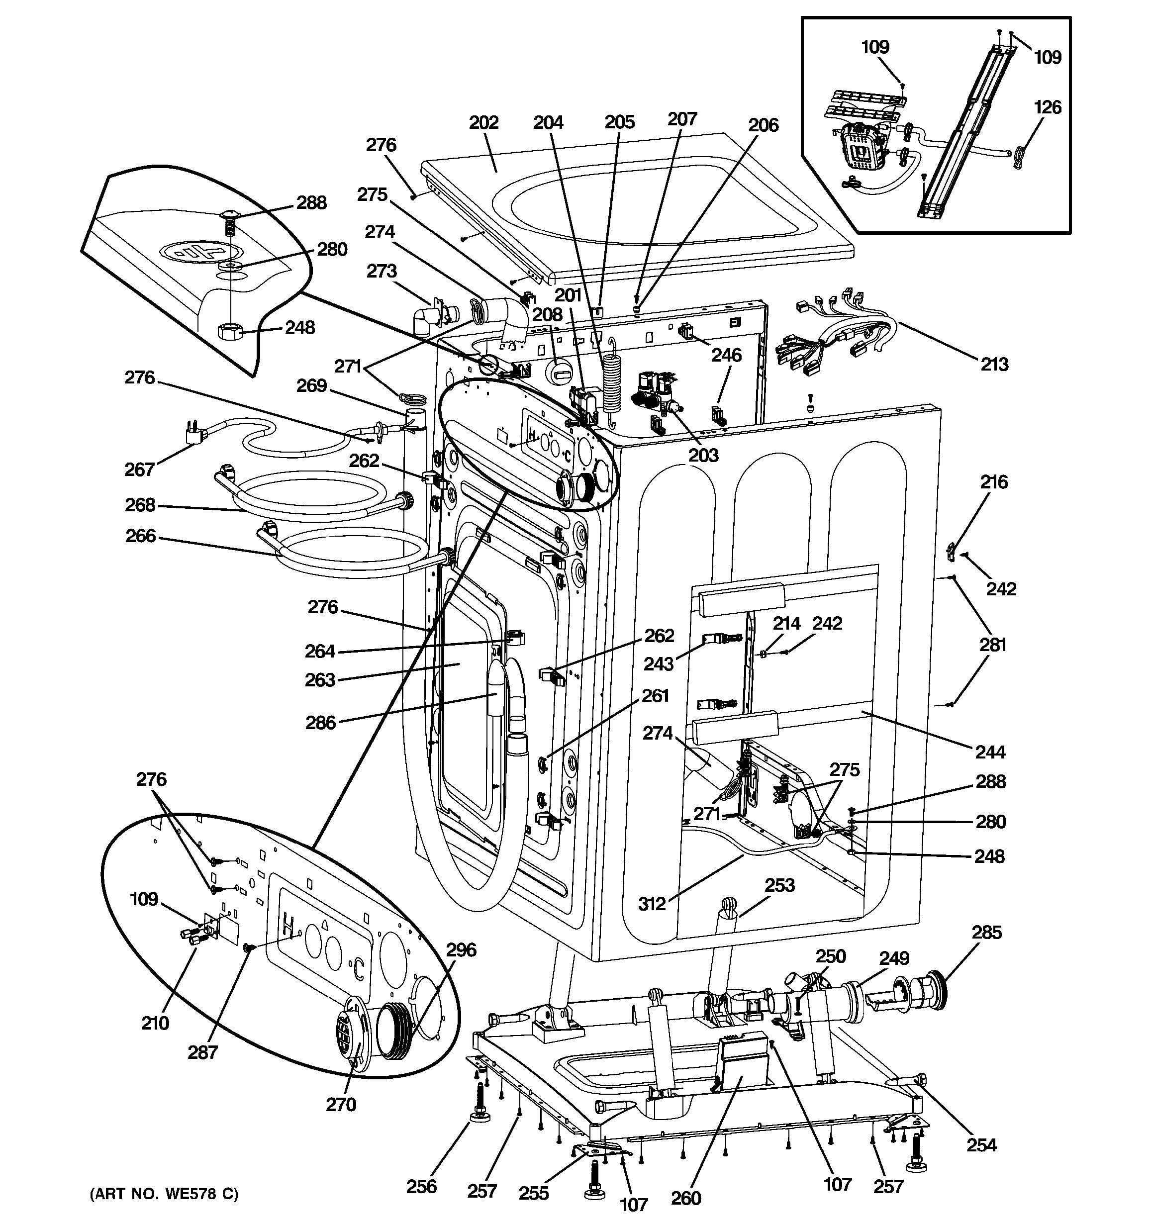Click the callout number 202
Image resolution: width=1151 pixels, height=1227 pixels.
click(x=483, y=122)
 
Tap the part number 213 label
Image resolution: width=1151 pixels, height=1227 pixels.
click(x=994, y=364)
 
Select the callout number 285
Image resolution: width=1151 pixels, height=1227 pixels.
click(x=986, y=932)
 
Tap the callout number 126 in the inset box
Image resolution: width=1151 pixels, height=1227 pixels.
click(x=1048, y=107)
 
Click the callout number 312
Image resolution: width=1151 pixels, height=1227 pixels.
click(x=652, y=904)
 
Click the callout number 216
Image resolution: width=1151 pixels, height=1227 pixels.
click(x=994, y=481)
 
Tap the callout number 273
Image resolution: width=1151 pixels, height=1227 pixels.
click(x=382, y=271)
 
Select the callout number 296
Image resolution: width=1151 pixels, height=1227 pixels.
click(x=461, y=949)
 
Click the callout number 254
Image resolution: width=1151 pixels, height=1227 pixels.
click(x=981, y=1145)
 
